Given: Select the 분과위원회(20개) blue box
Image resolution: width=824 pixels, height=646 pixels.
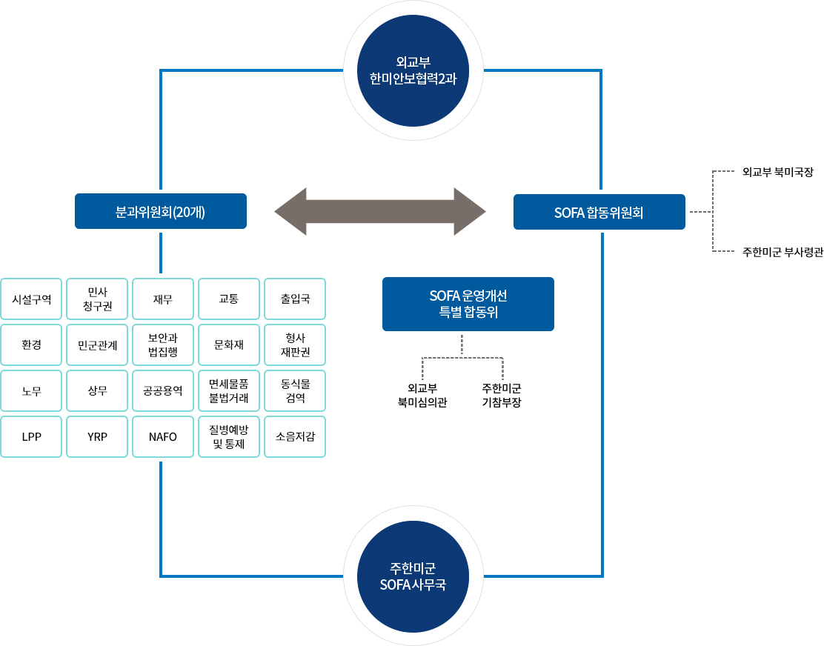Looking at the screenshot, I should click(x=161, y=212).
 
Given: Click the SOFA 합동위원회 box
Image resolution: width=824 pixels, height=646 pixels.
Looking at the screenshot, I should click(x=599, y=212).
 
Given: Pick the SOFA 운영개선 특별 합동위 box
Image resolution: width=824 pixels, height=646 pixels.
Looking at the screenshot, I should click(x=468, y=304).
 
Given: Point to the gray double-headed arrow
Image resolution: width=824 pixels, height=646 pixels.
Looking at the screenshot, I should click(x=379, y=213).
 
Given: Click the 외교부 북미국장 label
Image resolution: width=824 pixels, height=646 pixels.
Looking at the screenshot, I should click(x=777, y=172).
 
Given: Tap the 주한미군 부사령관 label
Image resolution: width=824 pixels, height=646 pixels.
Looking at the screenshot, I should click(x=783, y=252).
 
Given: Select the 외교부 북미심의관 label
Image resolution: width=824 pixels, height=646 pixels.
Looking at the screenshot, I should click(x=422, y=396).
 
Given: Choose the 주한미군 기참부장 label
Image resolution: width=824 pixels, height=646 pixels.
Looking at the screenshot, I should click(x=502, y=396).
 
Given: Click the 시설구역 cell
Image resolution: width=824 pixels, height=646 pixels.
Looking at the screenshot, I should click(x=32, y=299).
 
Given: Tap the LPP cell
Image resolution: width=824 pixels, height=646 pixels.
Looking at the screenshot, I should click(x=32, y=437).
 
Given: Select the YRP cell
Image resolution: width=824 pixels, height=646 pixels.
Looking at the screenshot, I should click(x=97, y=437).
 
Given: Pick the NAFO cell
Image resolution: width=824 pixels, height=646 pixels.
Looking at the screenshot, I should click(x=163, y=437).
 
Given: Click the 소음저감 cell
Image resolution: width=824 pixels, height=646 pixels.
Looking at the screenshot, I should click(x=295, y=437).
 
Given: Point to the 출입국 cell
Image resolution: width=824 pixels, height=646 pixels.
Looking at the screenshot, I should click(x=295, y=299).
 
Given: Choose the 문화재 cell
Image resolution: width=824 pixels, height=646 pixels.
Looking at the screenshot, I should click(x=229, y=345).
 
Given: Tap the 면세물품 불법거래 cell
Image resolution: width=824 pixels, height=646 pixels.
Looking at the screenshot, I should click(x=229, y=391).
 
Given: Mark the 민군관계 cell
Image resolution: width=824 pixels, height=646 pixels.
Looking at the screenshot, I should click(x=97, y=345).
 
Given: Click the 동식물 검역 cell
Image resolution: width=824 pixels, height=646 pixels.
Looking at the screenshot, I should click(x=295, y=391).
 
